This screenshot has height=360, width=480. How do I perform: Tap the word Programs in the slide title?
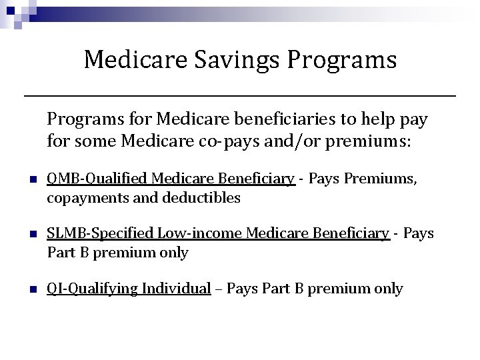[342, 61]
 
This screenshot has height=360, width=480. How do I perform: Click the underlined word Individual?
[176, 289]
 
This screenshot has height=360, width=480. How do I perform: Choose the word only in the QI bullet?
[389, 289]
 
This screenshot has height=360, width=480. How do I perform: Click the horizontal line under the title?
[240, 97]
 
